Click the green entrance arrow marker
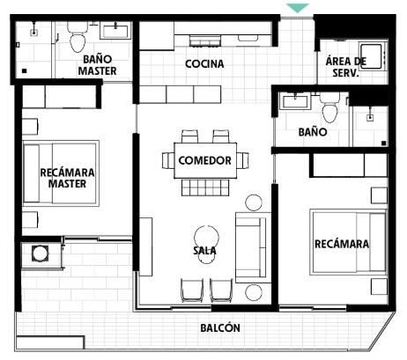click(x=298, y=8)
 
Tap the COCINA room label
click(x=204, y=63)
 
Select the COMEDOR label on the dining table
click(x=205, y=160)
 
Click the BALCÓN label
click(x=220, y=327)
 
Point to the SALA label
click(x=205, y=250)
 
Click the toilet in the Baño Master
click(x=78, y=37)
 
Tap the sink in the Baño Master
click(x=115, y=31)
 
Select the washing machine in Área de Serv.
click(x=372, y=56)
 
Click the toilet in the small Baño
click(x=329, y=107)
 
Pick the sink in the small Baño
click(x=295, y=101)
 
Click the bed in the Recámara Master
click(x=61, y=173)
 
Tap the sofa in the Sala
click(x=253, y=247)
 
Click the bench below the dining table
click(x=205, y=187)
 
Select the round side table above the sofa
click(x=254, y=202)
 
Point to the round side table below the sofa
click(x=254, y=292)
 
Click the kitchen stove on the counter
click(x=204, y=41)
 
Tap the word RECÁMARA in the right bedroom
click(x=342, y=244)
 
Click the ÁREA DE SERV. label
click(x=346, y=67)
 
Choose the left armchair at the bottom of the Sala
click(x=192, y=290)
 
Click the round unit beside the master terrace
click(x=41, y=253)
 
